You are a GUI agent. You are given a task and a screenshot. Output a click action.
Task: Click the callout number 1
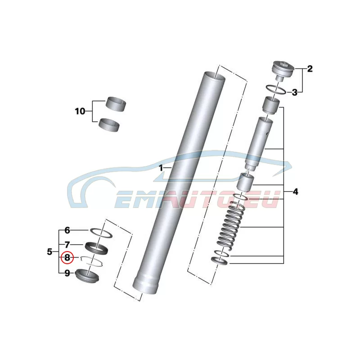coord(161,168)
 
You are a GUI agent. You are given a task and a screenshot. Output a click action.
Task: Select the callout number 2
coord(310,69)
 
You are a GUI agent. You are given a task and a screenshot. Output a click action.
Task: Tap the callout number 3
coord(295,93)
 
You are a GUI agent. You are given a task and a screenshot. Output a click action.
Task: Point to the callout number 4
coord(296,192)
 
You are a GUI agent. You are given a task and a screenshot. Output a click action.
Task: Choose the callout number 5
coord(49,252)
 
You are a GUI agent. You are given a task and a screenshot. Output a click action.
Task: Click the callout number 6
coord(67,230)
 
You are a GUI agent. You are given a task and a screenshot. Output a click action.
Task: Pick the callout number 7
coord(67,245)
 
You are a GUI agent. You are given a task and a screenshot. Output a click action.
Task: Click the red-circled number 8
coord(67,257)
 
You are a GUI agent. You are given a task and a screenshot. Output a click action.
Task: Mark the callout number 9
coord(67,273)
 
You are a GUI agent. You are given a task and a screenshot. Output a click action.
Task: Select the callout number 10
coord(80,111)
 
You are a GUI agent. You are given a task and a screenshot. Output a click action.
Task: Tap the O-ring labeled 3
coord(276,89)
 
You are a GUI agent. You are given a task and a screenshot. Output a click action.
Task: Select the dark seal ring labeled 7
coord(96,247)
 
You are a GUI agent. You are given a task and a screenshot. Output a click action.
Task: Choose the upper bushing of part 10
coord(116,104)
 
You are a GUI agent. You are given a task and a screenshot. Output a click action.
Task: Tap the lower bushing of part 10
coord(109,125)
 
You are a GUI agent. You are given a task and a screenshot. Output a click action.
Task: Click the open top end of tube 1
coord(215,76)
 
